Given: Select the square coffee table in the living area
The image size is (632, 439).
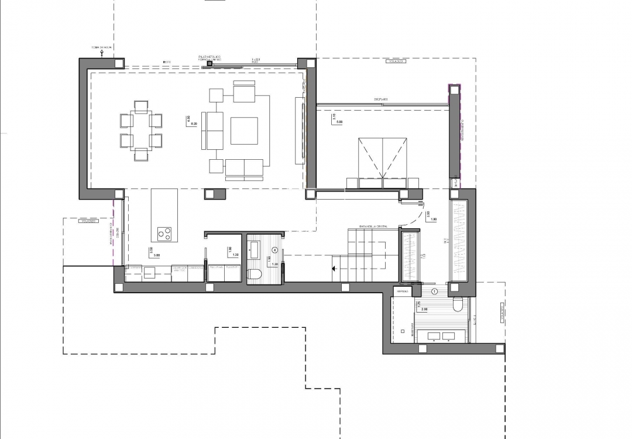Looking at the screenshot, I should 244,131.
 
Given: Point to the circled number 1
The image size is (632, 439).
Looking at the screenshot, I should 434,291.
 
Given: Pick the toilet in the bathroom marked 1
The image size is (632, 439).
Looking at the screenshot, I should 458,305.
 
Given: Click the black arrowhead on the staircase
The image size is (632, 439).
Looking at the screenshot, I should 334,269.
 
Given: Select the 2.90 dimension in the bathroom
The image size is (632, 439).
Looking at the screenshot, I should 424,309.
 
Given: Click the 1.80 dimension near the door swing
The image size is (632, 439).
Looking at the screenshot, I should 434,220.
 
